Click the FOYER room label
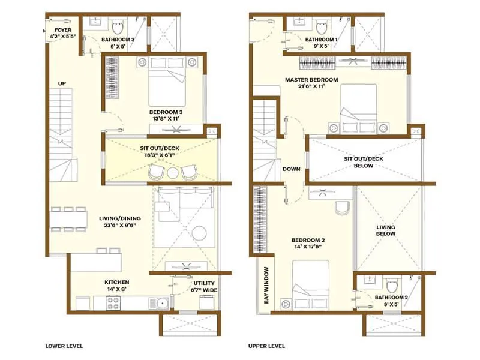[x=63, y=29]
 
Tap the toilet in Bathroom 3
[x=118, y=26]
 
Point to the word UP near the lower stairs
[x=62, y=83]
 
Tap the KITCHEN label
[x=116, y=282]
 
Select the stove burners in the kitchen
[x=114, y=304]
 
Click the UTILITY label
[x=204, y=283]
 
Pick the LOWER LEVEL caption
[x=64, y=346]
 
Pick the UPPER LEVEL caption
[x=267, y=346]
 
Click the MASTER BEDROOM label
[x=311, y=80]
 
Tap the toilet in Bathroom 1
[x=322, y=26]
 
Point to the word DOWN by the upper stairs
[x=291, y=169]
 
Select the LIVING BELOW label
[x=386, y=230]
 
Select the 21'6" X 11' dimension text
[x=311, y=87]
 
